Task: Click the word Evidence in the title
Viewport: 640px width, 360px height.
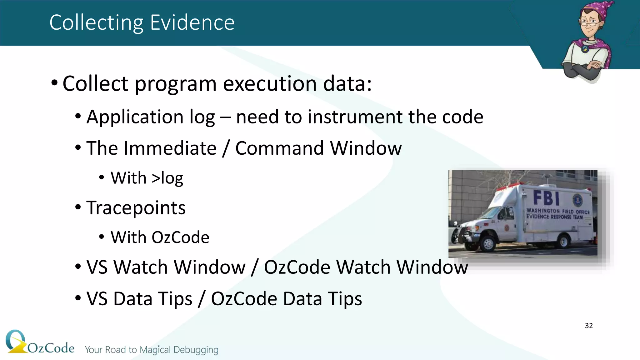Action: point(192,22)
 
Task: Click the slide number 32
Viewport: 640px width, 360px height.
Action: point(589,326)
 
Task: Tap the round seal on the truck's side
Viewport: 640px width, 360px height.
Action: point(577,200)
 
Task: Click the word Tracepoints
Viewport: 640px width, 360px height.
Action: point(136,208)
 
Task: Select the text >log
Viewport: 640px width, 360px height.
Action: point(167,178)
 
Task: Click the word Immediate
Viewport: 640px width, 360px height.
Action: point(170,148)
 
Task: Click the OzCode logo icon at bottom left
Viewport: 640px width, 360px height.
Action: point(16,342)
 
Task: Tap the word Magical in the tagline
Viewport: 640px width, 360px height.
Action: point(155,350)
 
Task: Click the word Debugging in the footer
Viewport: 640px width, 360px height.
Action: point(196,350)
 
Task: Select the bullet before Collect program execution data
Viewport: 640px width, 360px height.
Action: point(54,83)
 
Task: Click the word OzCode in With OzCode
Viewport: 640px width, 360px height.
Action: point(180,237)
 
